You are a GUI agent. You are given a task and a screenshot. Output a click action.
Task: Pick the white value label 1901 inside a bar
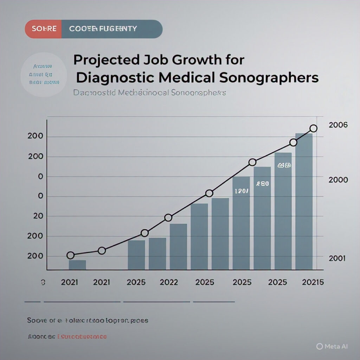pyautogui.click(x=241, y=191)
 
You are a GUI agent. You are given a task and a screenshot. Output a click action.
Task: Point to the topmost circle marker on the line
pyautogui.click(x=314, y=128)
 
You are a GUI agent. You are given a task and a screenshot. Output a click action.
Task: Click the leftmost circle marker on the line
pyautogui.click(x=70, y=255)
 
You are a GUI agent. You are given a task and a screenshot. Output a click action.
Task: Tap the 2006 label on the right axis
pyautogui.click(x=338, y=125)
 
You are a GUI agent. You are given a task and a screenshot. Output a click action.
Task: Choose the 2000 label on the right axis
pyautogui.click(x=338, y=180)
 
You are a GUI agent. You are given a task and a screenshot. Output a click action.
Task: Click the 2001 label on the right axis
pyautogui.click(x=337, y=258)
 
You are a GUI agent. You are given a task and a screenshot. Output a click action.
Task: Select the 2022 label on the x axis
pyautogui.click(x=168, y=282)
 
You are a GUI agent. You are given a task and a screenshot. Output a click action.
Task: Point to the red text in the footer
pyautogui.click(x=83, y=337)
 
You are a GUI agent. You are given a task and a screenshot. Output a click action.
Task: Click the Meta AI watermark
pyautogui.click(x=332, y=346)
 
